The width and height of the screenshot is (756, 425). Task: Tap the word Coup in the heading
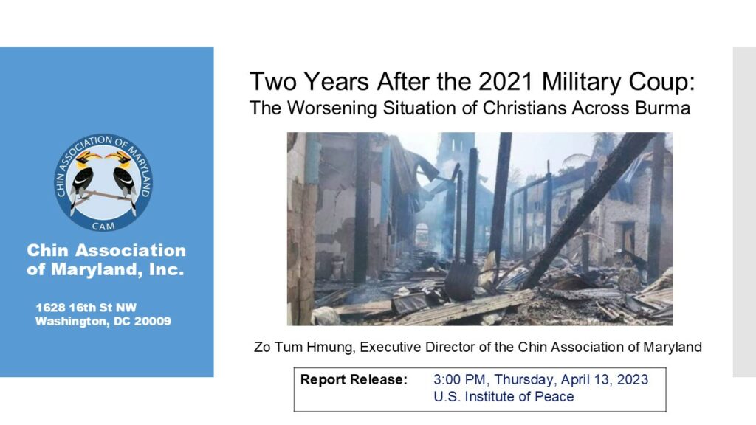tap(664, 82)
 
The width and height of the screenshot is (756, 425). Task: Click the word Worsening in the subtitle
tap(331, 108)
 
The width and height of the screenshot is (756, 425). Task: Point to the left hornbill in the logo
tap(83, 179)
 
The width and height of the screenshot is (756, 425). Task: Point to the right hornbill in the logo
tap(124, 179)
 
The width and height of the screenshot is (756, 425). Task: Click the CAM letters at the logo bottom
tap(103, 226)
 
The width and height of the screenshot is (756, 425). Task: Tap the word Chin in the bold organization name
tap(47, 251)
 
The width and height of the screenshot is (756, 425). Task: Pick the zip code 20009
tap(152, 322)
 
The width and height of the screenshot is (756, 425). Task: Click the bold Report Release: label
tap(354, 380)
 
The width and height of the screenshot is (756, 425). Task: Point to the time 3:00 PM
tap(461, 380)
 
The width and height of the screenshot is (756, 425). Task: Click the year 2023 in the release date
tap(632, 380)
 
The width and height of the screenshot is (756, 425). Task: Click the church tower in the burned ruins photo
tap(454, 159)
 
